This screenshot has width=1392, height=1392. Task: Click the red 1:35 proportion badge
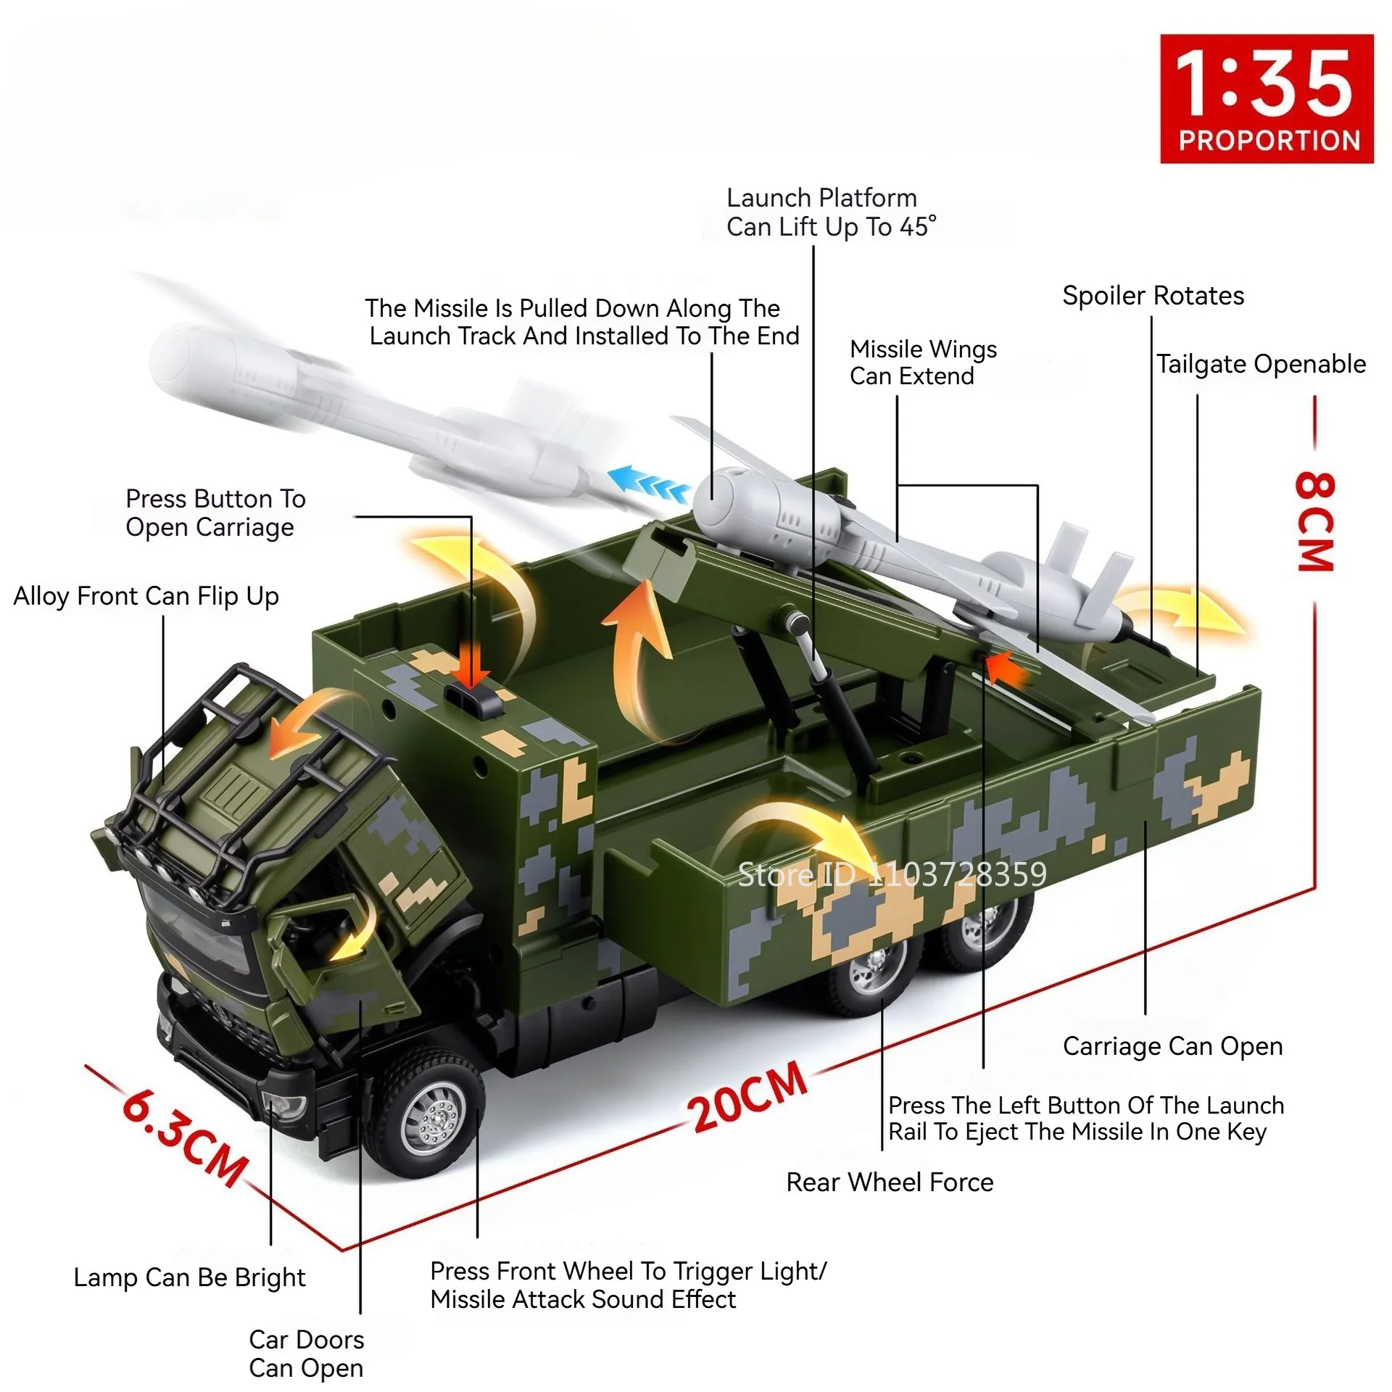tap(1266, 98)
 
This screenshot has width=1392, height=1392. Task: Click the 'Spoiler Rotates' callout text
tap(1153, 296)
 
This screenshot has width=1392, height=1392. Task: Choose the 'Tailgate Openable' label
tap(1260, 364)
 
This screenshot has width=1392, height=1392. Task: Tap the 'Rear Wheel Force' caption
tap(890, 1182)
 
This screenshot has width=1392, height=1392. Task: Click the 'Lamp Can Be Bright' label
tap(189, 1277)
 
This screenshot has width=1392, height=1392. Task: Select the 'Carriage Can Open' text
tap(1172, 1046)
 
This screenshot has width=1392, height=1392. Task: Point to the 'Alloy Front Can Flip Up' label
tap(146, 596)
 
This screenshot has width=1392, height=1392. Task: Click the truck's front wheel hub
tap(434, 1117)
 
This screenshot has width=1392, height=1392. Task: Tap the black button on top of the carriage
tap(475, 698)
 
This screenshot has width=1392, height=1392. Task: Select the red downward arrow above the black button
tap(473, 664)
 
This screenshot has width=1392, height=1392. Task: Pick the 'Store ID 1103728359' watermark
tap(892, 875)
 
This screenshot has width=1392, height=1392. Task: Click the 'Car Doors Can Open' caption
tap(306, 1354)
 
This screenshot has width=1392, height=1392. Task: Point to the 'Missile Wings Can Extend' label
tap(922, 362)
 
